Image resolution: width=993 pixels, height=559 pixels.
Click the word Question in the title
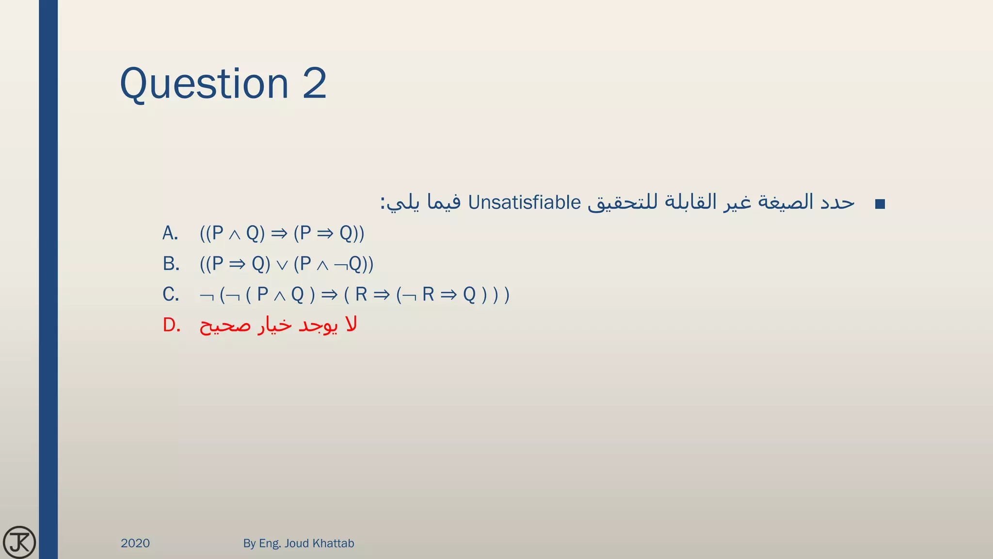click(204, 84)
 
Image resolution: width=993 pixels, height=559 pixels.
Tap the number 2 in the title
click(315, 83)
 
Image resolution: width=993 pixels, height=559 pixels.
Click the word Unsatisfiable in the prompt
click(524, 202)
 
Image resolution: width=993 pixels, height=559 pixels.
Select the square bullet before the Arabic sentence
click(880, 204)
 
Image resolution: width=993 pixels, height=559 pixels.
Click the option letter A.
click(170, 233)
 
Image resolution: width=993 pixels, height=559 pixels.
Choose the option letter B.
click(171, 264)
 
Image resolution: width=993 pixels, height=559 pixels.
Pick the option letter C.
click(171, 295)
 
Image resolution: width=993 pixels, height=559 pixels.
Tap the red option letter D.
click(171, 325)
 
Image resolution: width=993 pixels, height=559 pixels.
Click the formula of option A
click(282, 233)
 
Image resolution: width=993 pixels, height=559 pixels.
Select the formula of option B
click(287, 264)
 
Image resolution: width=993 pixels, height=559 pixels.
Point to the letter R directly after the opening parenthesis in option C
click(361, 295)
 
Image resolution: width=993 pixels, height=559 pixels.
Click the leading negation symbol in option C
click(207, 296)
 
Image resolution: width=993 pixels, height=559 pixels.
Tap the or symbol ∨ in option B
click(282, 265)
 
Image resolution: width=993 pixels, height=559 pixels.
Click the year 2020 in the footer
click(135, 543)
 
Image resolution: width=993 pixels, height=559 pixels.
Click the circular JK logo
click(19, 542)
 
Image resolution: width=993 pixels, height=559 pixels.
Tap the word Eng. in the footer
click(270, 543)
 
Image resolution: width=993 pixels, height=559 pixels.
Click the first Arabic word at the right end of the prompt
click(837, 202)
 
